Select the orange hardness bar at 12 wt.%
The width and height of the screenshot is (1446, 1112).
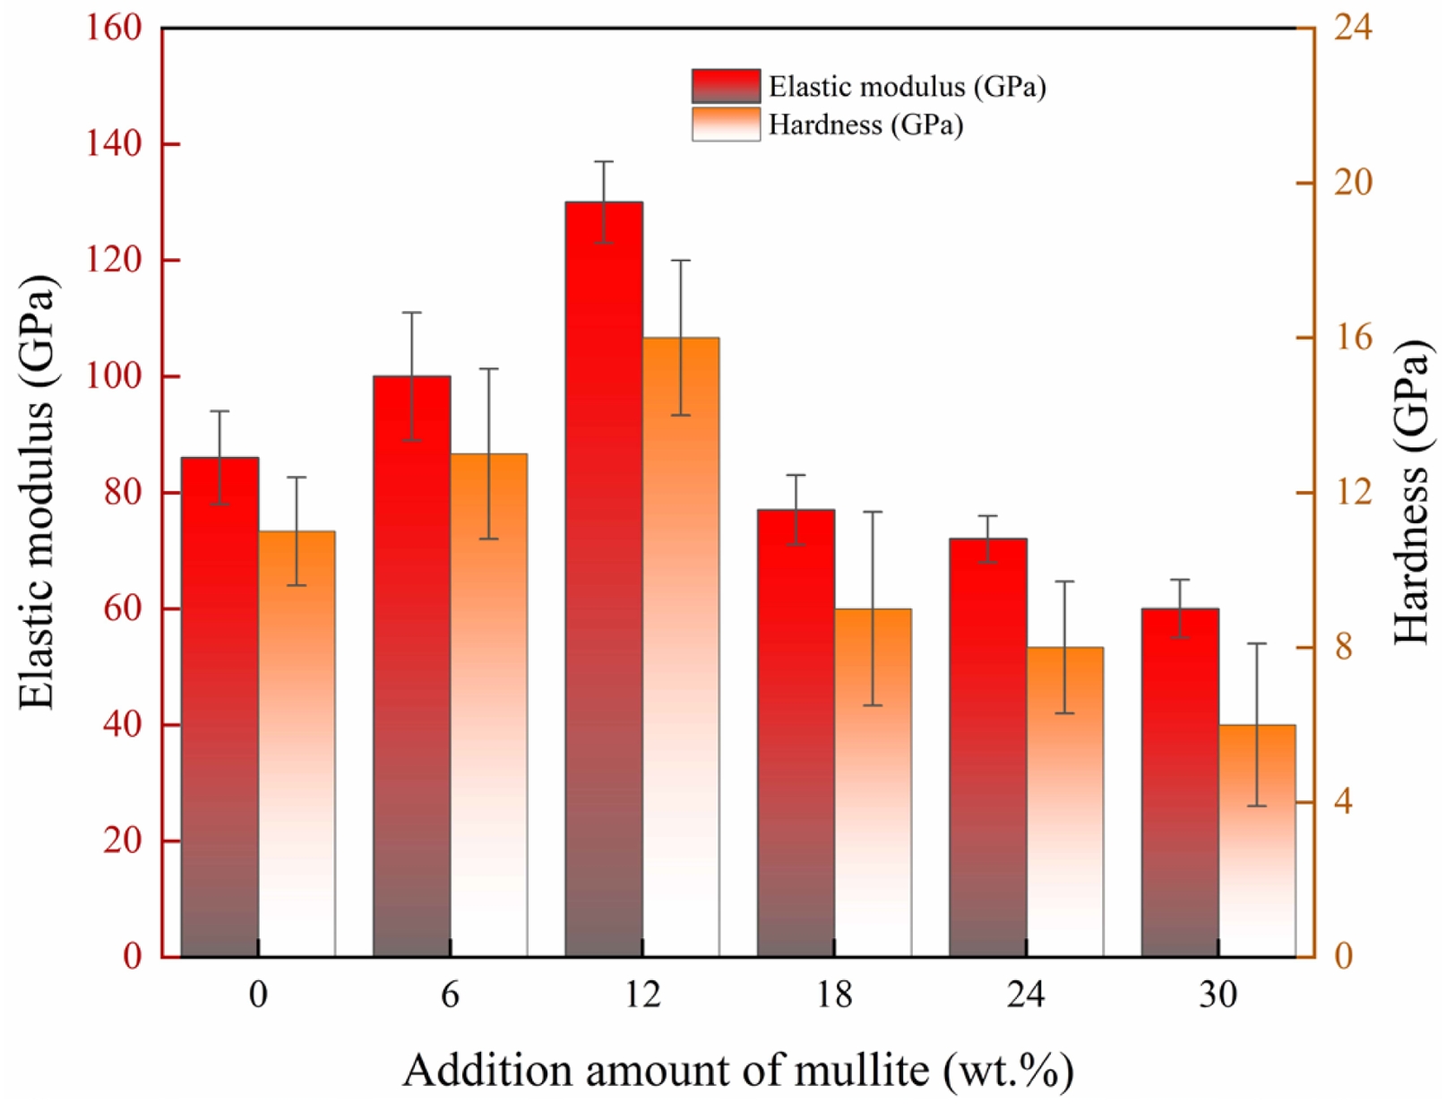coord(681,646)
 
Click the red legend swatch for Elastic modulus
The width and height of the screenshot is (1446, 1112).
coord(726,86)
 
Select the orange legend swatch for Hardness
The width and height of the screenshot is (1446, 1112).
coord(726,124)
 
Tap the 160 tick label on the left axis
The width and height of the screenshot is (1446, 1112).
coord(114,28)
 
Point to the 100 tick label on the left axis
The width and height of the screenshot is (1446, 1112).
coord(114,376)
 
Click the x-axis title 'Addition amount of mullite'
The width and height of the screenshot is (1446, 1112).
coord(737,1070)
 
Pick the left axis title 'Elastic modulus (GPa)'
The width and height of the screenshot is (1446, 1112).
coord(38,492)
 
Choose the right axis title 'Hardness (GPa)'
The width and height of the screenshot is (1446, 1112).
coord(1411,492)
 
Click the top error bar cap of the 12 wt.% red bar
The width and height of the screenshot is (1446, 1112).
coord(604,161)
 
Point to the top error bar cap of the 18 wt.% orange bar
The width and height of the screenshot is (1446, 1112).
coord(873,512)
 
